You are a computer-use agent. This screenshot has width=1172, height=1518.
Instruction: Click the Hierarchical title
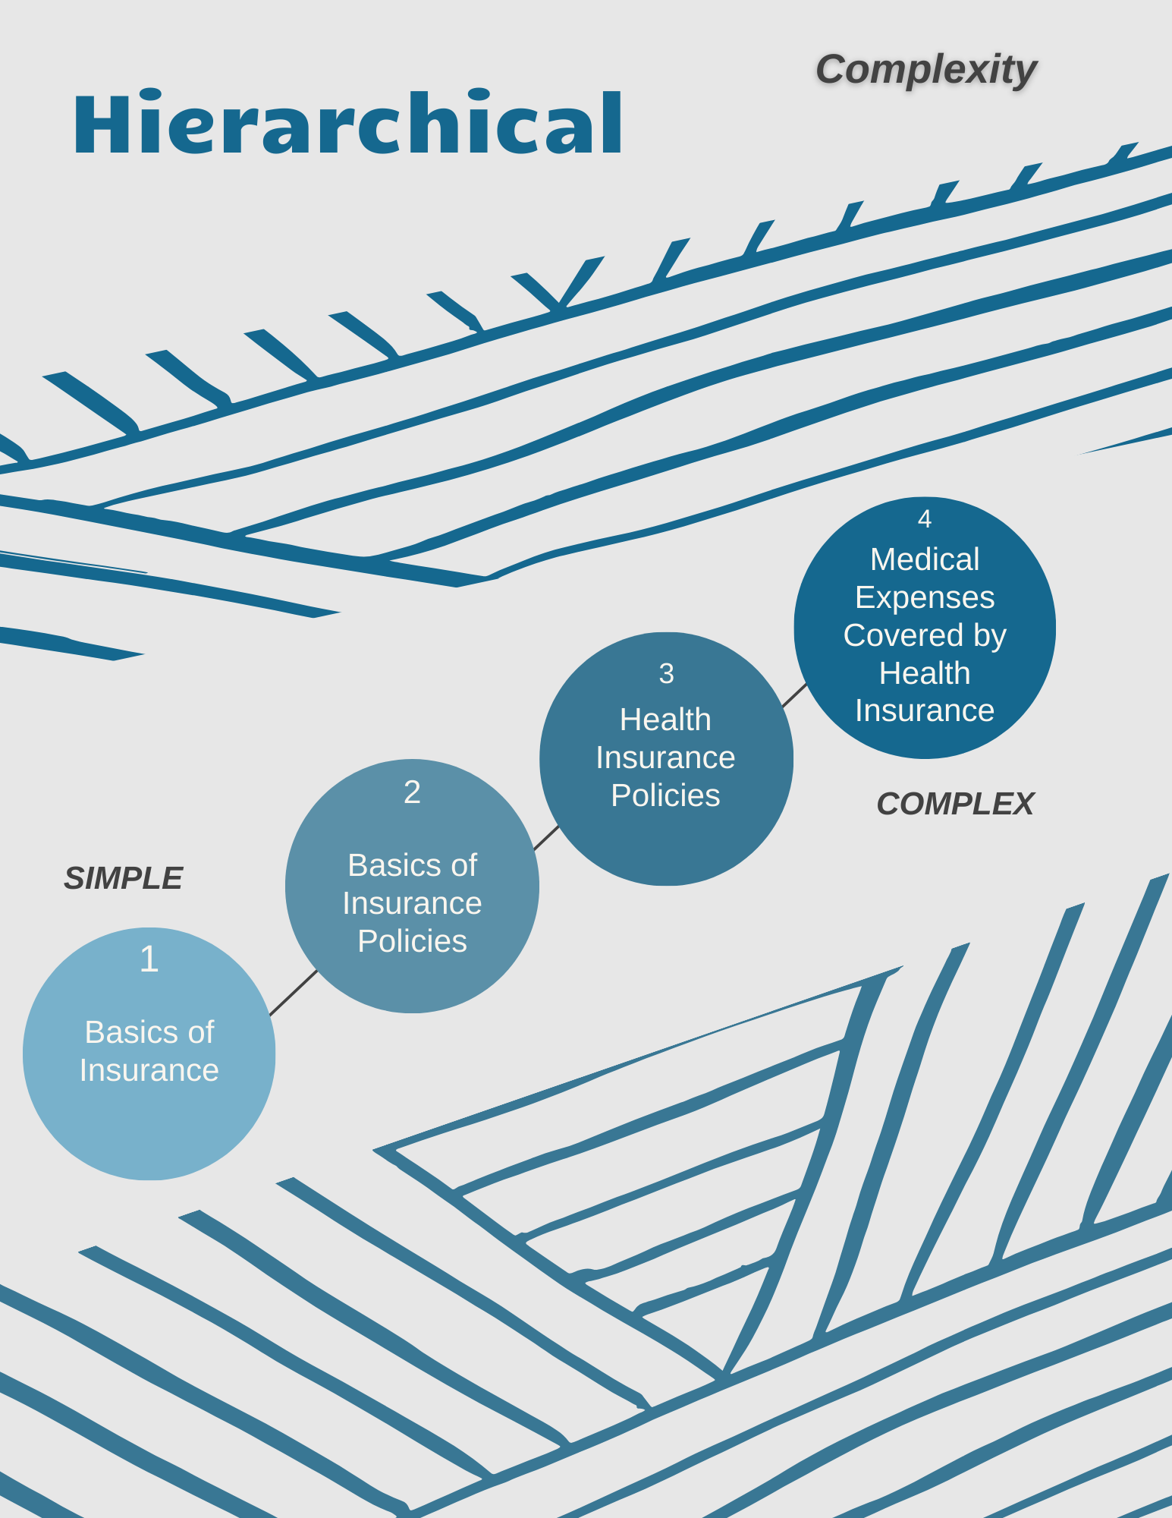[348, 124]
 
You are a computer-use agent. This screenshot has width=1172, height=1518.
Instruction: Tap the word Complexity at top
[925, 70]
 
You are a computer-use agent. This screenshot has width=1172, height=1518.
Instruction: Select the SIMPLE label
[123, 878]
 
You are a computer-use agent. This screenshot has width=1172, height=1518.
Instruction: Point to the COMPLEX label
[954, 804]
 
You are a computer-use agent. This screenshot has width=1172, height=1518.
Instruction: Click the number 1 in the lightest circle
[149, 959]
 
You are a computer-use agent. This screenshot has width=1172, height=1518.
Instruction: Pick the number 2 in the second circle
[412, 792]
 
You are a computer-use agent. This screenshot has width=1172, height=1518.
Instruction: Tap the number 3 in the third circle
[666, 673]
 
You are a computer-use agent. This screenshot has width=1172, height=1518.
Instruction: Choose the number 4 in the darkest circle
[924, 518]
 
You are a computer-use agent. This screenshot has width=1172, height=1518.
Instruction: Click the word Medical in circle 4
[924, 559]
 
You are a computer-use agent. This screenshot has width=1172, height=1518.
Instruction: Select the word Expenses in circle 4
[924, 597]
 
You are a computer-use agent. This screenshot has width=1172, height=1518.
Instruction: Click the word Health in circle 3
[665, 720]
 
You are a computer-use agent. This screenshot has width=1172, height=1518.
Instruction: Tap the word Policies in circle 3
[665, 795]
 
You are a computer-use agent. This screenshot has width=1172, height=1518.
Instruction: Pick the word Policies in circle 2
[412, 941]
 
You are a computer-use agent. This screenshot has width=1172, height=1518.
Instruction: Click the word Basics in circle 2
[382, 865]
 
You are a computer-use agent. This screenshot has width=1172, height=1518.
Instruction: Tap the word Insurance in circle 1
[149, 1070]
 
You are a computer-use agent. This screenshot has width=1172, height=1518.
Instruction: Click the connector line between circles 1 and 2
[294, 993]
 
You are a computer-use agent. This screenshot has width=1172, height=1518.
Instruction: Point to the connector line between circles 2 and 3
[546, 838]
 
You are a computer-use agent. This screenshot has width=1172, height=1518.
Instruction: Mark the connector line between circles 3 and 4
[794, 694]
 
